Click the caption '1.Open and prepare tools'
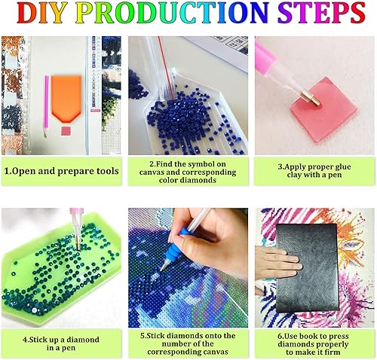pos(61,171)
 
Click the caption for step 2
pos(188,171)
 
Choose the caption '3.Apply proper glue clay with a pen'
pos(314,171)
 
